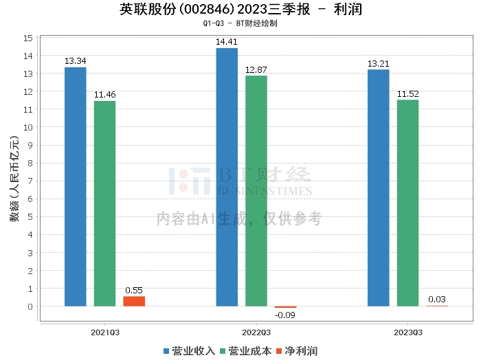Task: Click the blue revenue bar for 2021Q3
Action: click(75, 186)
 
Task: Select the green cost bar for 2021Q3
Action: click(104, 203)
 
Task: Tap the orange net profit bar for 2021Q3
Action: click(134, 301)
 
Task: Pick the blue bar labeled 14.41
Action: click(227, 177)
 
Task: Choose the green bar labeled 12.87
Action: click(256, 190)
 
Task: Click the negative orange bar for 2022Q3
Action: click(285, 307)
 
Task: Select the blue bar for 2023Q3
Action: click(378, 188)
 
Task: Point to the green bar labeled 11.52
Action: click(407, 203)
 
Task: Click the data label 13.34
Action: click(75, 61)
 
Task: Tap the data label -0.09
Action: click(285, 316)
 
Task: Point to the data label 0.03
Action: click(437, 299)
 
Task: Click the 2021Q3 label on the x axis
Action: click(105, 332)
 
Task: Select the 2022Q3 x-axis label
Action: click(256, 332)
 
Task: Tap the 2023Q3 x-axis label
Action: click(407, 332)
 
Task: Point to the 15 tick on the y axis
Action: click(29, 37)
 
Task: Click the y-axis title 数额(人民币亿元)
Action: click(13, 181)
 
